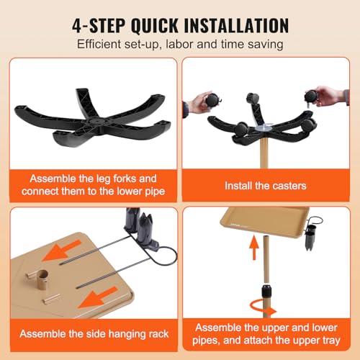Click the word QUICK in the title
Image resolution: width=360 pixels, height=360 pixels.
(x=155, y=25)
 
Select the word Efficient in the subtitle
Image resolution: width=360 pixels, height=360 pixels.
(x=99, y=44)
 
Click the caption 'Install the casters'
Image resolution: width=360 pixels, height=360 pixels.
(x=266, y=186)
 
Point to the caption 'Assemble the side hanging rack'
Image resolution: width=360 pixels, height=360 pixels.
(x=94, y=334)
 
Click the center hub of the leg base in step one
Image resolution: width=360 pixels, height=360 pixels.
(x=94, y=120)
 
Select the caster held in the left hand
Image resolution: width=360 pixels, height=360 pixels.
(x=212, y=99)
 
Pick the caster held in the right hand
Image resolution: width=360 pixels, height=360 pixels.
(x=312, y=96)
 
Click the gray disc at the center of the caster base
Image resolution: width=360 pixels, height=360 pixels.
(x=264, y=128)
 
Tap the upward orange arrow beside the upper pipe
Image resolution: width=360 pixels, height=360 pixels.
(x=254, y=248)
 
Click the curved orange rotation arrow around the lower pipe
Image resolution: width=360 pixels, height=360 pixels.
(x=262, y=308)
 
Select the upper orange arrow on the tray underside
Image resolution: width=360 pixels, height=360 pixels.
(x=61, y=251)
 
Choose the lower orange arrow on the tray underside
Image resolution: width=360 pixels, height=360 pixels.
(x=97, y=297)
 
